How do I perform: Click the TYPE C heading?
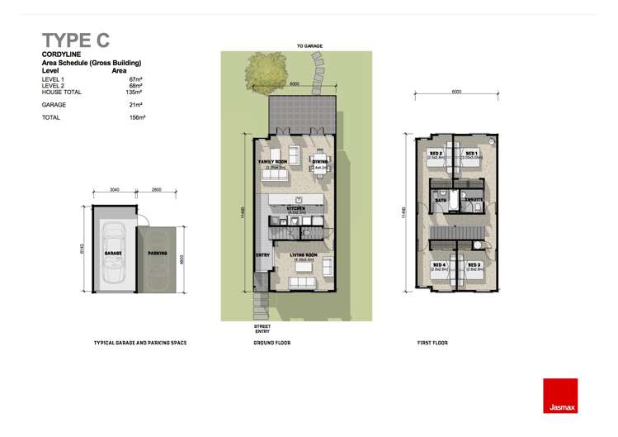tap(76, 40)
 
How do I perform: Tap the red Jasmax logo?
tap(560, 395)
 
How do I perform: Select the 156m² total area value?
tap(137, 118)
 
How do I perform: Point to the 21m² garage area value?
tap(136, 105)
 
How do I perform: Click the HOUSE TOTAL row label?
tap(61, 93)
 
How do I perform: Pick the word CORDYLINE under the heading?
tap(60, 55)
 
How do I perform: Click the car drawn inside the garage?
tap(113, 251)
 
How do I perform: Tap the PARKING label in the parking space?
tap(158, 254)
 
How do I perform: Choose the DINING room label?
tap(320, 162)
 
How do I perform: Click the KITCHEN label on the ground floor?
tap(297, 208)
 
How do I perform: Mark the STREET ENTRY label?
tap(262, 328)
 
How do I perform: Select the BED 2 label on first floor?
tap(436, 154)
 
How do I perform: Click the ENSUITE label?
tap(474, 199)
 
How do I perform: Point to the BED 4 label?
tap(436, 265)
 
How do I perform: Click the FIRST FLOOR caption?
tap(432, 342)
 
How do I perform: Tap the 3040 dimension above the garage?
tap(115, 190)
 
